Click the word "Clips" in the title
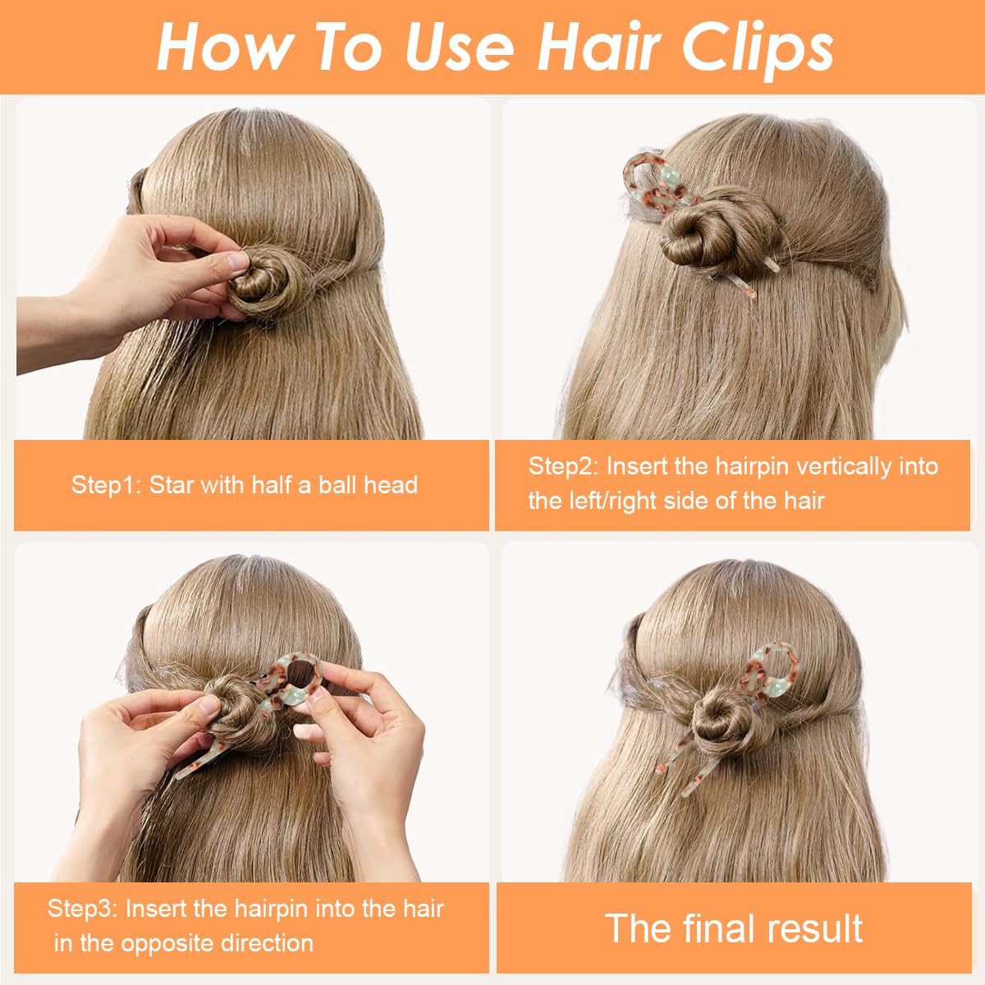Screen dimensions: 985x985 click(x=757, y=48)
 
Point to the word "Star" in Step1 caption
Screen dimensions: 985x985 click(x=172, y=485)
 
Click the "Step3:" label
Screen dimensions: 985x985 click(x=83, y=909)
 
